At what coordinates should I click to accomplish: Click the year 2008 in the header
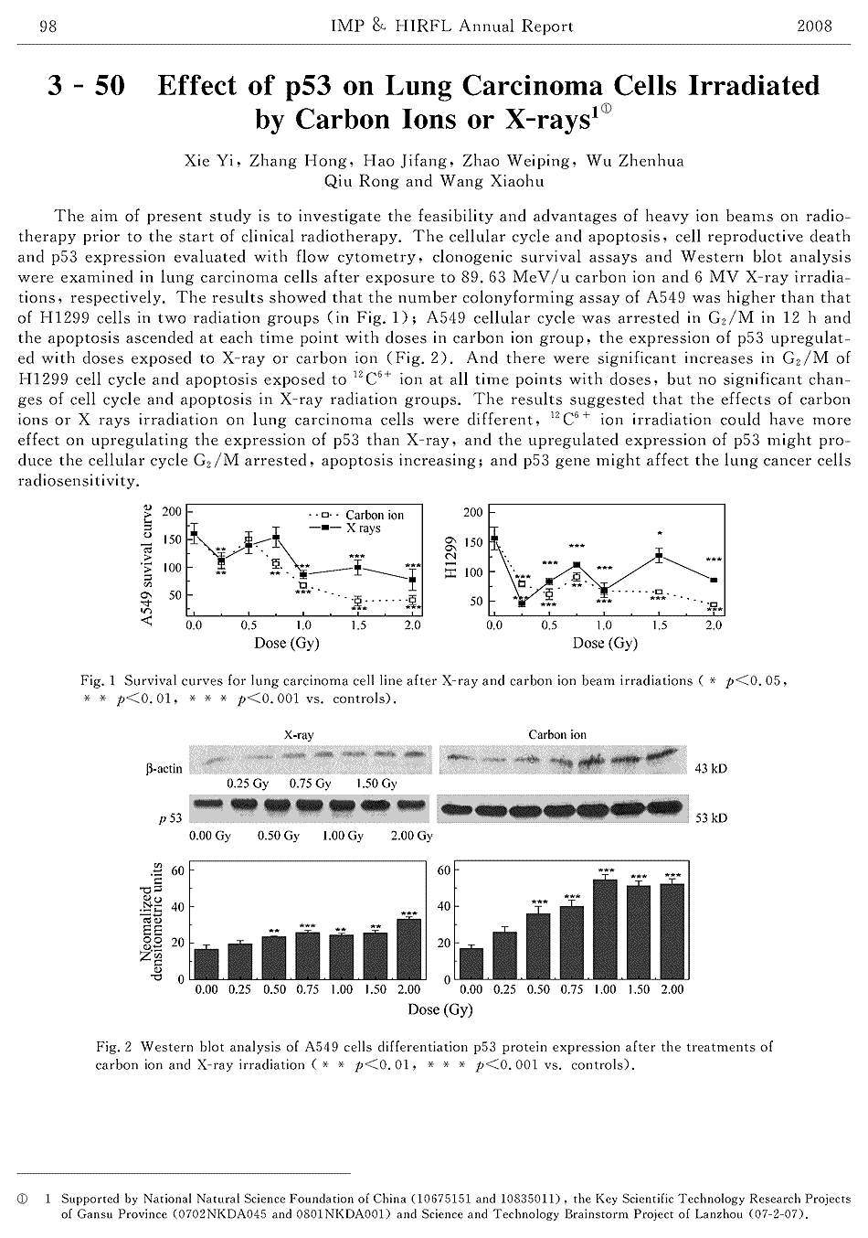[x=815, y=26]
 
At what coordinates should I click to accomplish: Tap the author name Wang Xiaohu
[x=492, y=181]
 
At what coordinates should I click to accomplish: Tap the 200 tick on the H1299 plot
[x=472, y=513]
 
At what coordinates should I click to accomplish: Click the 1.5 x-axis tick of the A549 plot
[x=358, y=626]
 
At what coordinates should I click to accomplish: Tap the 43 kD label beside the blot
[x=712, y=769]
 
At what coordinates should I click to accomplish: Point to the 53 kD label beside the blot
[x=712, y=818]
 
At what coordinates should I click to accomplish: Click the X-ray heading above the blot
[x=300, y=735]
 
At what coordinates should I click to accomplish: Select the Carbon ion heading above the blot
[x=557, y=735]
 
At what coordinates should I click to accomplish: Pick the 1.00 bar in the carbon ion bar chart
[x=605, y=929]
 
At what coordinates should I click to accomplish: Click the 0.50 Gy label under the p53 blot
[x=278, y=837]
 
